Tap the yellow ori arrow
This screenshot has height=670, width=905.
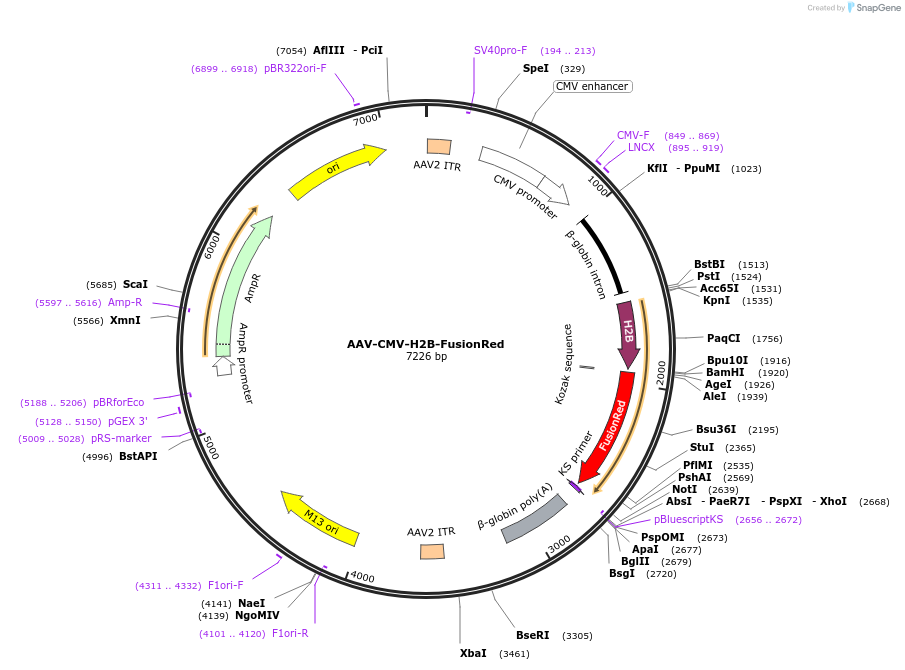[337, 171]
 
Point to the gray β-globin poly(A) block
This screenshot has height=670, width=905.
[534, 517]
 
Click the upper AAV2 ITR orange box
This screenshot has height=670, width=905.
[438, 147]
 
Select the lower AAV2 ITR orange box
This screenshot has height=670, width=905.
[432, 551]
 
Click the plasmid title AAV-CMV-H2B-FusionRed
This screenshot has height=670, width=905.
[426, 344]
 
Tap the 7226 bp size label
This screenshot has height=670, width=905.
[426, 357]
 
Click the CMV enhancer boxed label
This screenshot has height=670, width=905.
[592, 86]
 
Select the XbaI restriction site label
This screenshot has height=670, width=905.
[473, 653]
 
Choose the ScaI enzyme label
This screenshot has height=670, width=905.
[135, 284]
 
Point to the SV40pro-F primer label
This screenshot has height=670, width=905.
[500, 50]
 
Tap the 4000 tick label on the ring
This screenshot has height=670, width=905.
[361, 578]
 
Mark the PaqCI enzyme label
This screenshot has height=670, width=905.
[723, 338]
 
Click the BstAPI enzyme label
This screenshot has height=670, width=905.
[138, 456]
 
